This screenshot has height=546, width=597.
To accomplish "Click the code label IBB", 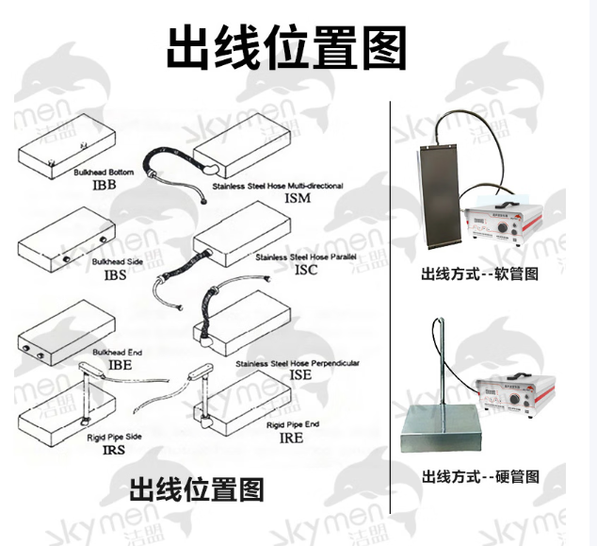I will pos(104,188).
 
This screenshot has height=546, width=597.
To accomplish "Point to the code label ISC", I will pos(307,270).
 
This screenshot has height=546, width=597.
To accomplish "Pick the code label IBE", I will pos(119,363).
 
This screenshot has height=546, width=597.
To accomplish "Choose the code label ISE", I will pos(301,374).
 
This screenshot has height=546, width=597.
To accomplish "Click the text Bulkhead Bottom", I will pos(105,174).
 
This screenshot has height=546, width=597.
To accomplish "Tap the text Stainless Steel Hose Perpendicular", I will pos(298,362).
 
